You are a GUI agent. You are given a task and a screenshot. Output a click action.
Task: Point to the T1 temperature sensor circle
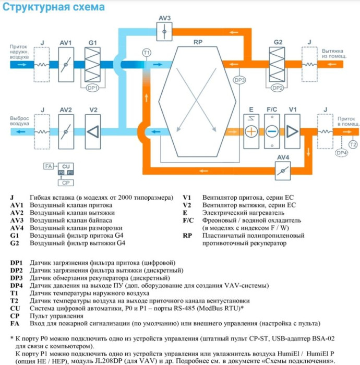pyautogui.click(x=147, y=53)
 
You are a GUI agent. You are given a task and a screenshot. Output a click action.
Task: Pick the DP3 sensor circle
pyautogui.click(x=239, y=80)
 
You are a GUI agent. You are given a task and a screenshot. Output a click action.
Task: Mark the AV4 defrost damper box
pyautogui.click(x=284, y=168)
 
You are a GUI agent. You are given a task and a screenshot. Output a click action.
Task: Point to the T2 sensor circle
pyautogui.click(x=353, y=143)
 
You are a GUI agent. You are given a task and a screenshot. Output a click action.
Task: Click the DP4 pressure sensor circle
pyautogui.click(x=341, y=153)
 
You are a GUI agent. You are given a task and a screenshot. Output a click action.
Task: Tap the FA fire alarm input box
pyautogui.click(x=49, y=166)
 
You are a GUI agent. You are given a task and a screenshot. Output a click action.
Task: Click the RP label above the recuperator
pyautogui.click(x=198, y=42)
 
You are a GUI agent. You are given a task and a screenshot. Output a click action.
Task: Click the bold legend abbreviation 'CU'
pyautogui.click(x=15, y=308)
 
